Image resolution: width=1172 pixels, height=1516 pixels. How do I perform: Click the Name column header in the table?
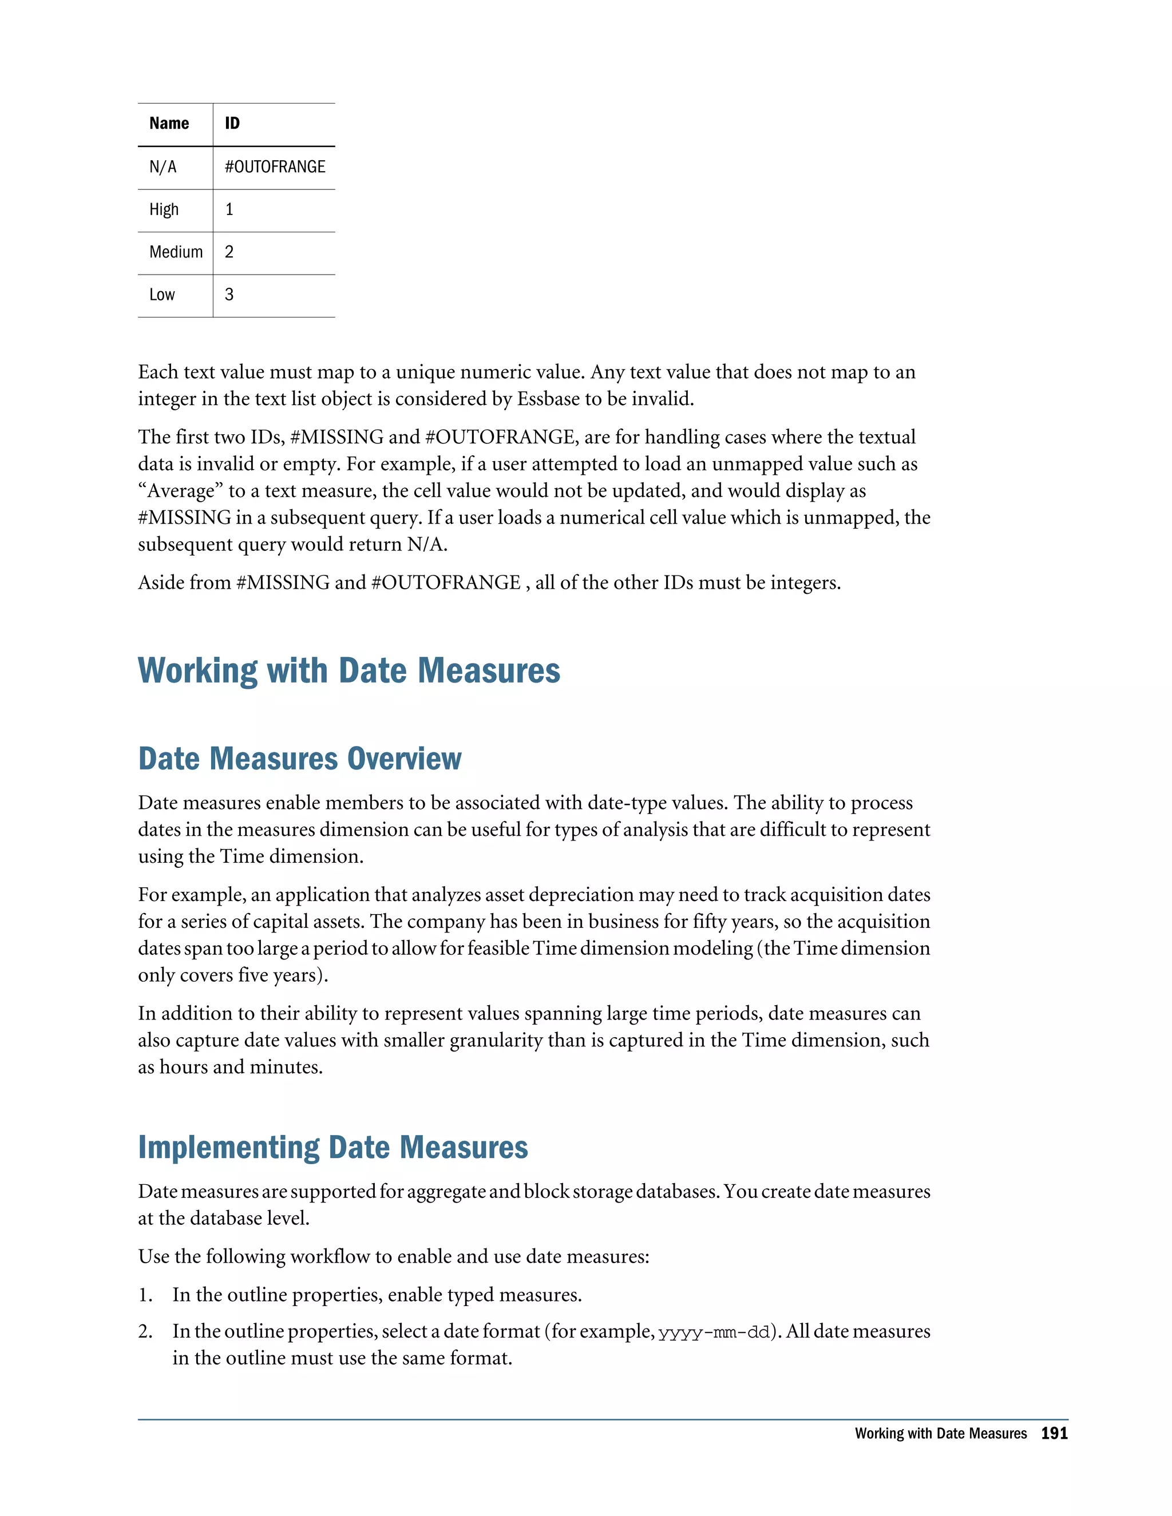click(x=169, y=124)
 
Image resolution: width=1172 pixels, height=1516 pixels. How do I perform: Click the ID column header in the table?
click(x=232, y=124)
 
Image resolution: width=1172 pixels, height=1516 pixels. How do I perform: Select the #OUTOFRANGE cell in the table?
click(x=275, y=166)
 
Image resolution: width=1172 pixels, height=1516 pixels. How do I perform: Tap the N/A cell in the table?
click(x=163, y=166)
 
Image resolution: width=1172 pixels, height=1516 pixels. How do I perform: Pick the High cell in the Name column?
click(x=164, y=209)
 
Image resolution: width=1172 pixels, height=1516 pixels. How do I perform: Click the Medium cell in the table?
click(x=176, y=252)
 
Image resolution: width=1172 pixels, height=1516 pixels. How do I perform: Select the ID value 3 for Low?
click(x=229, y=294)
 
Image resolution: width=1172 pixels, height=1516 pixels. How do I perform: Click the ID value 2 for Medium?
click(x=229, y=252)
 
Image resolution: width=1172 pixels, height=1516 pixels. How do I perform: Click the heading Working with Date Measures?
click(x=349, y=670)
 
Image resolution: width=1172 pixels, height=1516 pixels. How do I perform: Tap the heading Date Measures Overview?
click(x=299, y=758)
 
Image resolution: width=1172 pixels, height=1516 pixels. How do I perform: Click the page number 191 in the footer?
click(x=1054, y=1434)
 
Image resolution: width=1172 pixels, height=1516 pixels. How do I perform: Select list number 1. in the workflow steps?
click(x=145, y=1295)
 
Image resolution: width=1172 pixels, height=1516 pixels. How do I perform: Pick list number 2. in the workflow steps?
click(x=145, y=1331)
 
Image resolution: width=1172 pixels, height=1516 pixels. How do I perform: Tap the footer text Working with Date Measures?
click(x=940, y=1434)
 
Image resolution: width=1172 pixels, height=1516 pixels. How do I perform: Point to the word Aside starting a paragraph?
click(x=160, y=582)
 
